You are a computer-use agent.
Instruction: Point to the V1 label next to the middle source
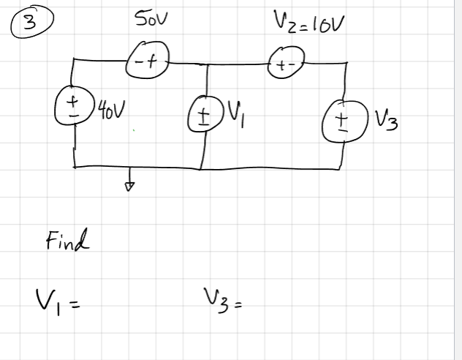[239, 113]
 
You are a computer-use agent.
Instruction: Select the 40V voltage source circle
[73, 107]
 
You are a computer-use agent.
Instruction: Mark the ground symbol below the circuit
[130, 185]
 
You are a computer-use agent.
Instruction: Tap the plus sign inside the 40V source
[72, 100]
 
